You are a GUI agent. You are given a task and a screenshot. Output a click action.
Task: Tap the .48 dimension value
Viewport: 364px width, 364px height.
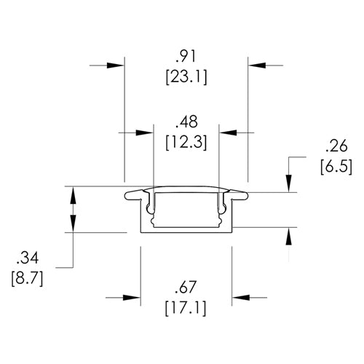(186, 121)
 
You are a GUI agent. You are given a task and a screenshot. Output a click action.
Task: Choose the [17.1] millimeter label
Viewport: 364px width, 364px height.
(186, 307)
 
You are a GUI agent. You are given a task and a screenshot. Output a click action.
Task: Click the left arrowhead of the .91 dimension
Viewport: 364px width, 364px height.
(116, 65)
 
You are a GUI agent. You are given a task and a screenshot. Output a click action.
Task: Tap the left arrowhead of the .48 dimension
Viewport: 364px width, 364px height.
(146, 132)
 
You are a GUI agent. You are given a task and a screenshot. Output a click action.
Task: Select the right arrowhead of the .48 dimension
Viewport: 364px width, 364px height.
(227, 132)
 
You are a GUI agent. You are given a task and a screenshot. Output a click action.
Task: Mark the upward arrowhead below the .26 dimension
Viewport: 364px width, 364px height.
(290, 236)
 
